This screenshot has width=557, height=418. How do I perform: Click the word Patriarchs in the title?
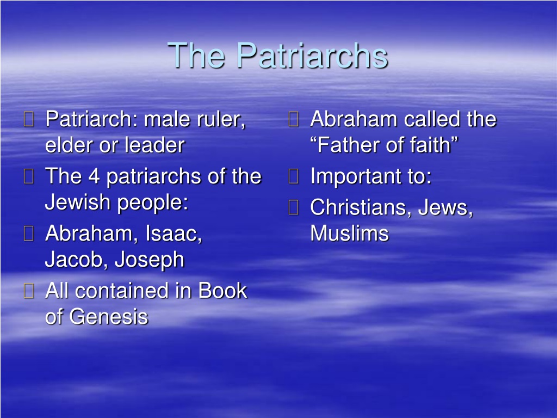click(312, 56)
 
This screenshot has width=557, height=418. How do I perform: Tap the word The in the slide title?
click(196, 56)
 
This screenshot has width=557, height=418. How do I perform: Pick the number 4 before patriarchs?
click(94, 176)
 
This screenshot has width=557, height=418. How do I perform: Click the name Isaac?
click(174, 233)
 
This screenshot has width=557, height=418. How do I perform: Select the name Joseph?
click(149, 260)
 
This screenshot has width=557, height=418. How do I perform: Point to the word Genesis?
click(108, 317)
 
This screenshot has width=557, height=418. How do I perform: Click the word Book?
click(222, 291)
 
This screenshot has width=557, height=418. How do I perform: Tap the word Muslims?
click(350, 233)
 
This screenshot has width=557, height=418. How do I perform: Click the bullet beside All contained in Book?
click(29, 291)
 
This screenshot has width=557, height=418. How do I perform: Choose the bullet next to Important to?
click(293, 176)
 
